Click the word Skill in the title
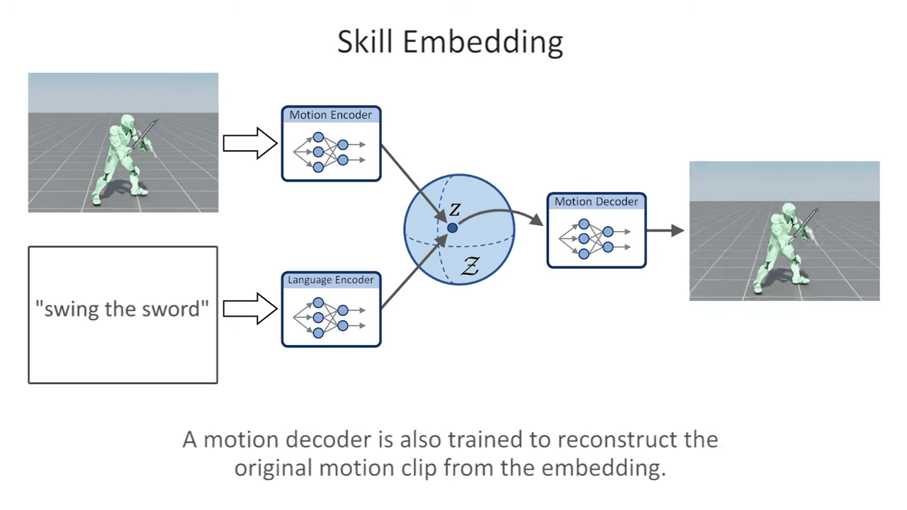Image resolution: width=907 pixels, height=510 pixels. point(365,41)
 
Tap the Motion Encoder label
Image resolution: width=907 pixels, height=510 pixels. point(330,115)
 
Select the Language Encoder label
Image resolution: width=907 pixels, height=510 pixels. point(330,280)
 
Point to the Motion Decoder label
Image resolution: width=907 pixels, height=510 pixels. point(596,202)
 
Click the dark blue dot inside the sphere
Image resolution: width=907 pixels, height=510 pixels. point(452,228)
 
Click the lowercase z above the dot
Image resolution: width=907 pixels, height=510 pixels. point(455,210)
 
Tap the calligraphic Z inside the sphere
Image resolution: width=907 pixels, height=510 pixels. point(470,266)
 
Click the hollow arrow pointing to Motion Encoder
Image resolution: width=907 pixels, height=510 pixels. point(250,143)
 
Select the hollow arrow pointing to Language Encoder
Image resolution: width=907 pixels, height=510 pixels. point(250,309)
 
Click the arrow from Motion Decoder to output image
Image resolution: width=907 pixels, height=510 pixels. point(665,230)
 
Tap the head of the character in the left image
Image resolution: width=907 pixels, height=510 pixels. point(128,121)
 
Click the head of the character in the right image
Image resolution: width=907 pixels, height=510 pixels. point(789,210)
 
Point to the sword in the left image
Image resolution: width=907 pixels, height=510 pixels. point(143,135)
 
